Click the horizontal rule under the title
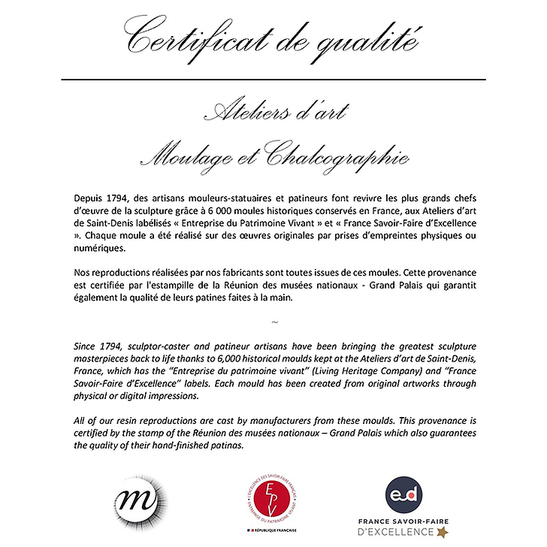point(273,79)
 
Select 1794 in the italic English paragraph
point(113,347)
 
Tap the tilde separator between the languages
point(273,322)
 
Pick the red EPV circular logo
point(273,497)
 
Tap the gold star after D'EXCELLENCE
point(442,532)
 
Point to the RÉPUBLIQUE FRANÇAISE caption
point(276,532)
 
